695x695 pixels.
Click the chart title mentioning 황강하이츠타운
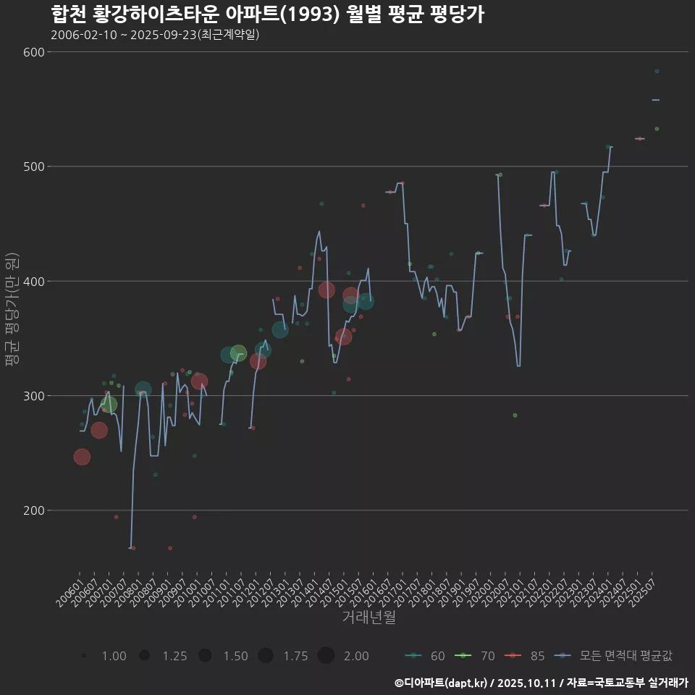[267, 14]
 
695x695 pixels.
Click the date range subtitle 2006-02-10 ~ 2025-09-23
[155, 35]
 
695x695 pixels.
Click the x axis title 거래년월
[368, 618]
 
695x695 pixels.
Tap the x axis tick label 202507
[646, 591]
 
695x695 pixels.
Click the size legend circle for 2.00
[326, 656]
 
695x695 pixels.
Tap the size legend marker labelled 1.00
[85, 656]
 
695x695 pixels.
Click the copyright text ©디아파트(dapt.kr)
[442, 683]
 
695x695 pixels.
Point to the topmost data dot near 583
[657, 71]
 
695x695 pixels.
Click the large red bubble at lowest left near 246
[82, 457]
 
